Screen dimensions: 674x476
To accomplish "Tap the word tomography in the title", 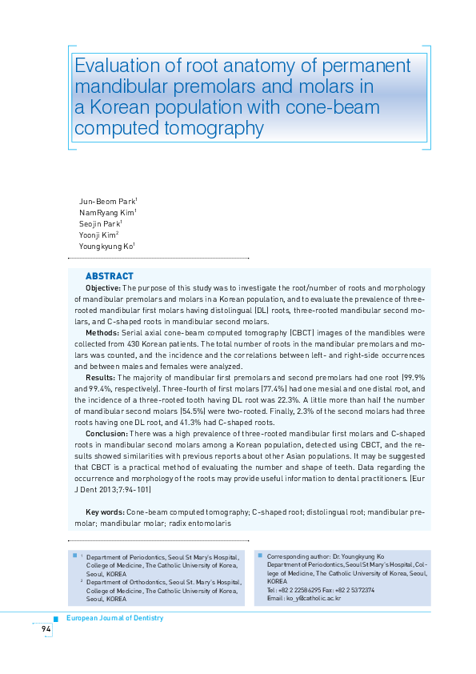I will pos(216,128).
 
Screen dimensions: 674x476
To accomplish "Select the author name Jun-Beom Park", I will pos(107,200).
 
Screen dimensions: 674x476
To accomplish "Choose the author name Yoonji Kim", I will pos(98,235).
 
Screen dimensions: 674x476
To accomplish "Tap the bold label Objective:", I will pos(102,287).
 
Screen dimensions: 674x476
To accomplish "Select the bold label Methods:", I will pos(101,331).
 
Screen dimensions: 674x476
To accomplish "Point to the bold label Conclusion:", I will pos(106,432).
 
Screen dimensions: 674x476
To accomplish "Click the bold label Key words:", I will pos(103,511).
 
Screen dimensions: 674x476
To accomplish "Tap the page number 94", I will pos(46,630).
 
